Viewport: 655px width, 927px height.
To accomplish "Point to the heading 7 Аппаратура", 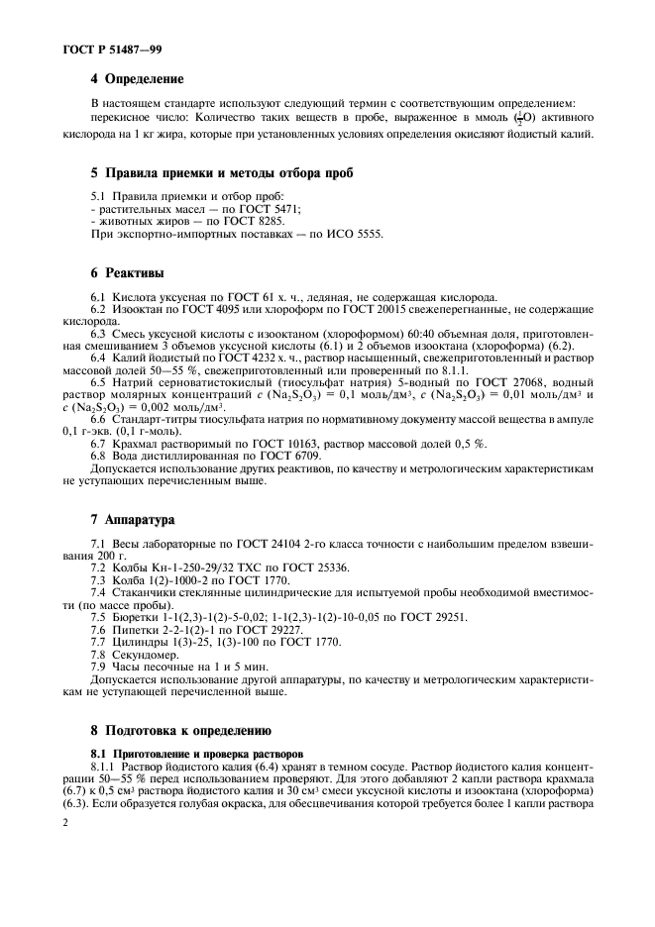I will click(x=133, y=518).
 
